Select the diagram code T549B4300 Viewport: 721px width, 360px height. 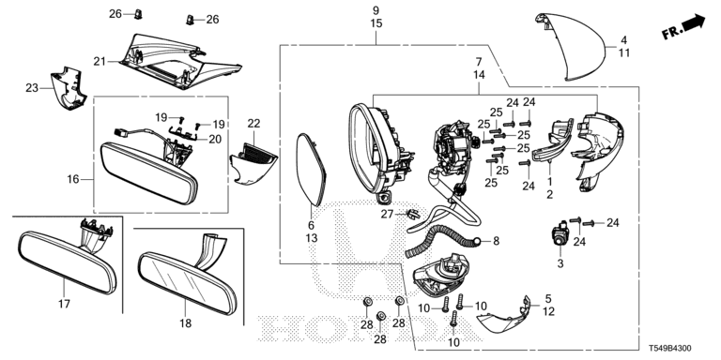pos(669,349)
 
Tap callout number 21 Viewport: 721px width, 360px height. pos(100,61)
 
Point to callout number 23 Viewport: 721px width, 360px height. pos(32,87)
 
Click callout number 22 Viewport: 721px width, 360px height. pos(253,124)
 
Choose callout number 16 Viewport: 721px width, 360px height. pos(73,179)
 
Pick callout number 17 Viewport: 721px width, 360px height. pos(64,304)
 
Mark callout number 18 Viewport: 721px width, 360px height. pos(185,323)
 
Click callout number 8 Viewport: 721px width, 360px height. pos(496,241)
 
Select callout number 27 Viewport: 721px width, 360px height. pos(387,214)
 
